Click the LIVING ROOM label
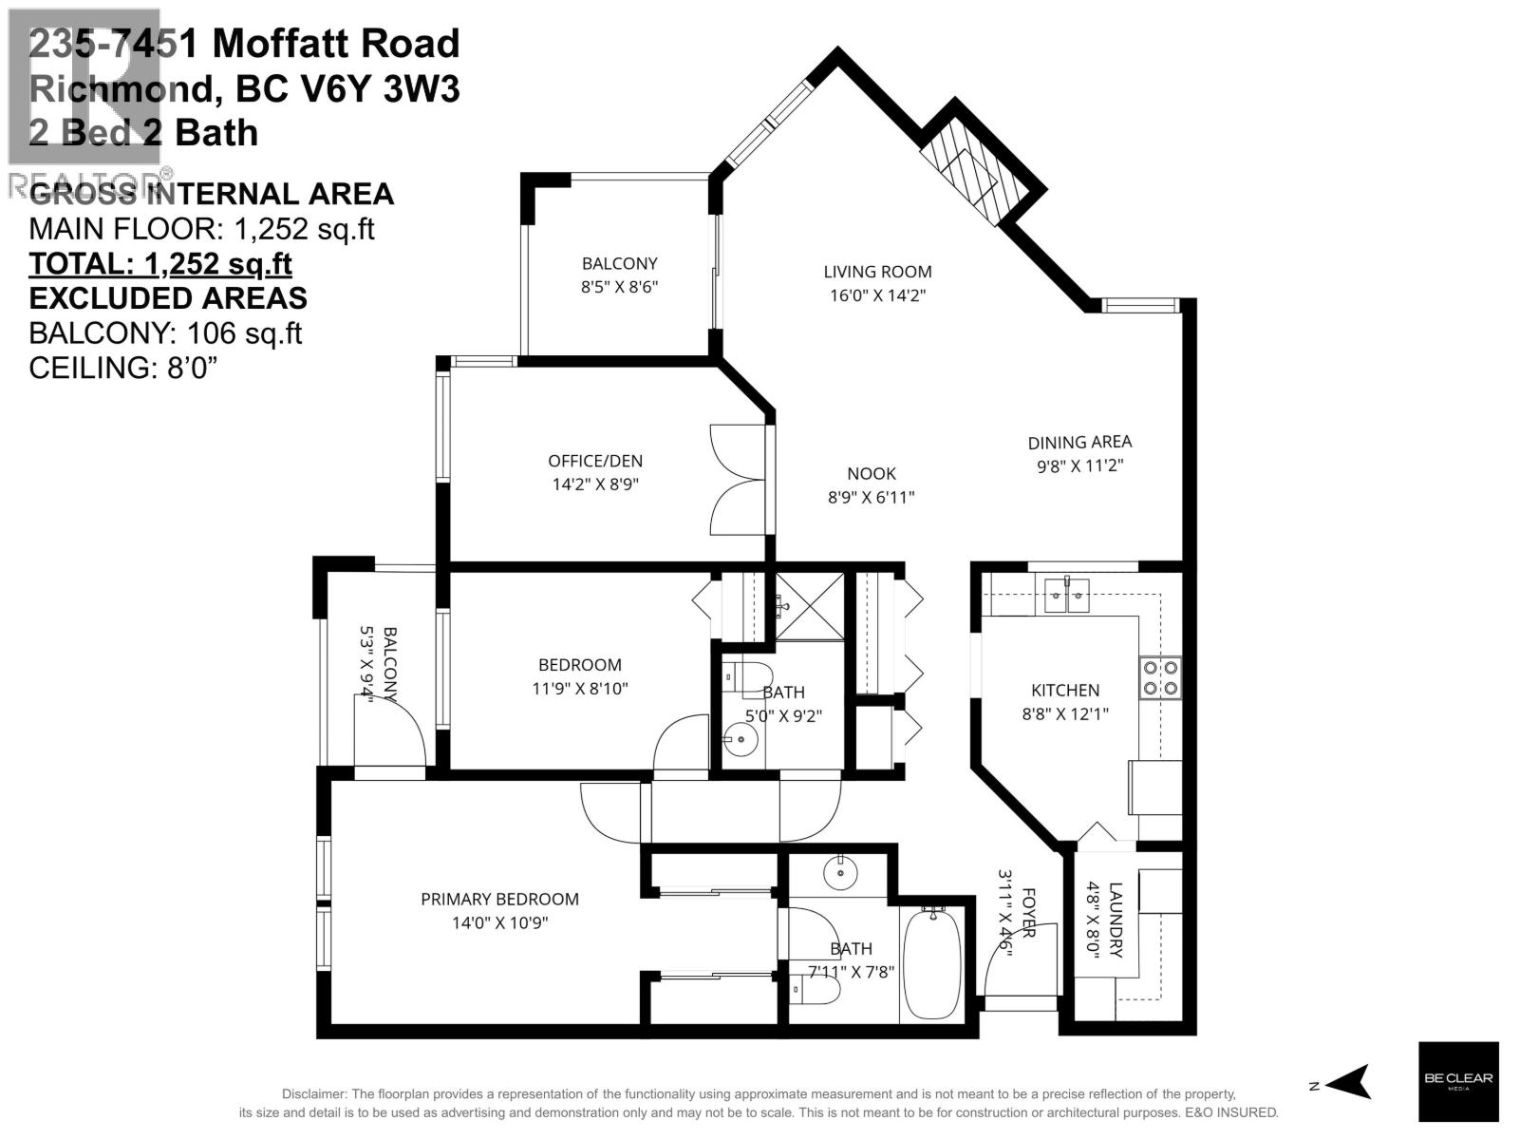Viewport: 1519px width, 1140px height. pos(877,272)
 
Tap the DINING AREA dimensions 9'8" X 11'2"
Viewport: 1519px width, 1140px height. pos(1079,465)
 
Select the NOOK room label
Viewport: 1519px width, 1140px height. pos(872,473)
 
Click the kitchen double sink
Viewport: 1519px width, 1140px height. pos(1067,595)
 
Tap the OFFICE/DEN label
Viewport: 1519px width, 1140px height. pos(595,461)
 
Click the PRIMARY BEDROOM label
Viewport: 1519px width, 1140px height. pos(499,899)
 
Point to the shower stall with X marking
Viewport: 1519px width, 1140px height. pos(810,606)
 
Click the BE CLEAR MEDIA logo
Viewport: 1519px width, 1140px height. pos(1458,1081)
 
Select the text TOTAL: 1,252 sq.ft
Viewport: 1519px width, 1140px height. pos(160,263)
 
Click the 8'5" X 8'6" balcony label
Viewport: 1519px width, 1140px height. pos(619,286)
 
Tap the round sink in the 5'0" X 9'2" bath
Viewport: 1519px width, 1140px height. pos(736,734)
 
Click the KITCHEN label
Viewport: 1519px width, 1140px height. pos(1065,691)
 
